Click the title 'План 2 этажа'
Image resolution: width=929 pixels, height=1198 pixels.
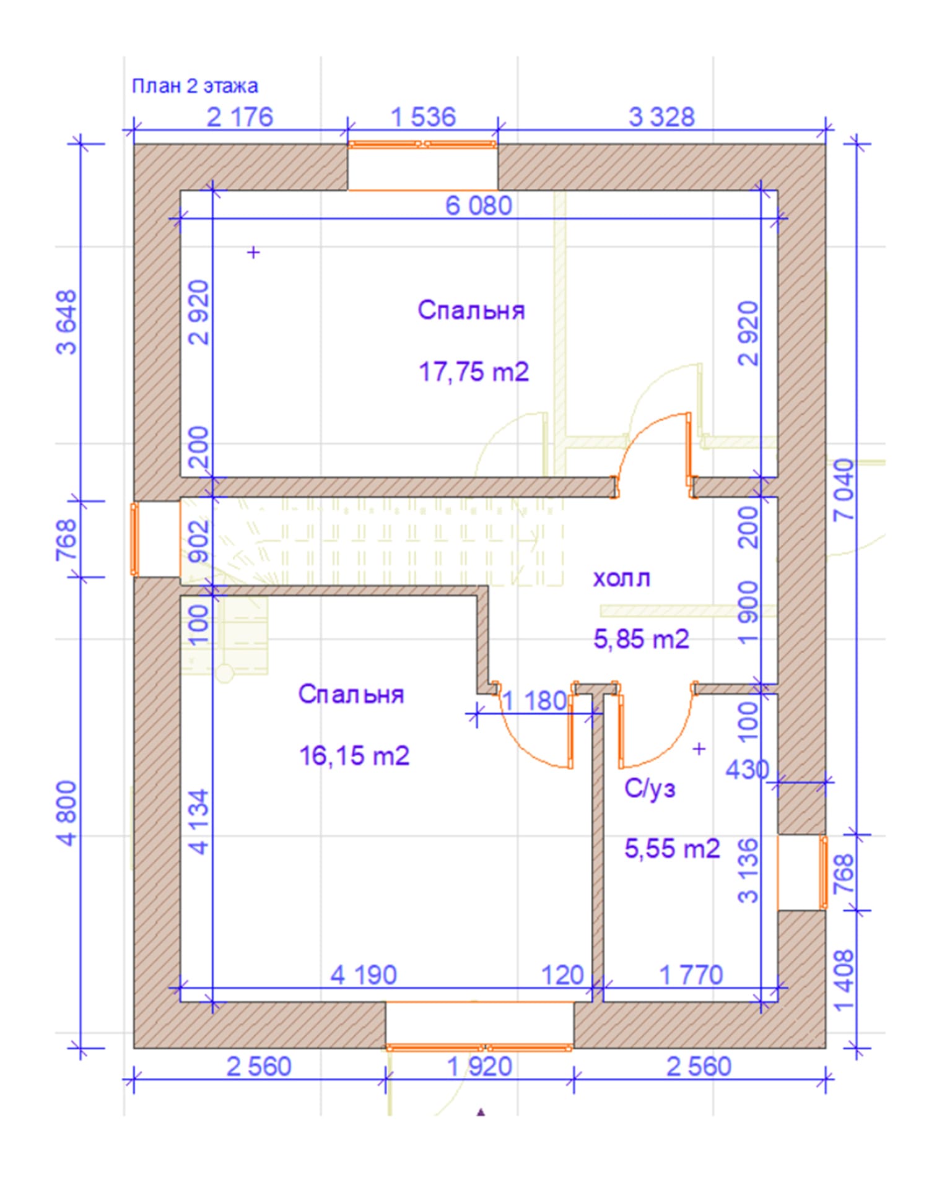coord(195,85)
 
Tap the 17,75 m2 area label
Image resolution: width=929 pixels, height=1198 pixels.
coord(474,372)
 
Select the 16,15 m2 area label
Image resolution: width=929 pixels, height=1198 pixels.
coord(354,756)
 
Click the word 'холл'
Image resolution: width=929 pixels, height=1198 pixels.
coord(622,578)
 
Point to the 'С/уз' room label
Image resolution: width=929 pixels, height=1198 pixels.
coord(650,788)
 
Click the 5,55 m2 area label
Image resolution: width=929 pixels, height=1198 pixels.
coord(672,848)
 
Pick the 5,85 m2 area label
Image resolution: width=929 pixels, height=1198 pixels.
coord(641,638)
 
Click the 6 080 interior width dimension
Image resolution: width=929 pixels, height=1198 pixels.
coord(479,206)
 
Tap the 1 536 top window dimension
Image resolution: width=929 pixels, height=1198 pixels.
coord(424,117)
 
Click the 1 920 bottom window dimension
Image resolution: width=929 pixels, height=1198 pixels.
coord(479,1067)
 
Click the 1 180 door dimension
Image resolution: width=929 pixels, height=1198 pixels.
coord(534,701)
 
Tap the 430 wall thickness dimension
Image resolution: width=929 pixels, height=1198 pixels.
coord(747,770)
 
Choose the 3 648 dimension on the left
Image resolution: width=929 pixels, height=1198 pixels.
coord(68,322)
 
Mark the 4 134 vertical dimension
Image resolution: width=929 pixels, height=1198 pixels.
coord(199,822)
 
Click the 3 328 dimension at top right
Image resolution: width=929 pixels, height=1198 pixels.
coord(661,117)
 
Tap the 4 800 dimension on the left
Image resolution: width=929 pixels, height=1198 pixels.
coord(68,813)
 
